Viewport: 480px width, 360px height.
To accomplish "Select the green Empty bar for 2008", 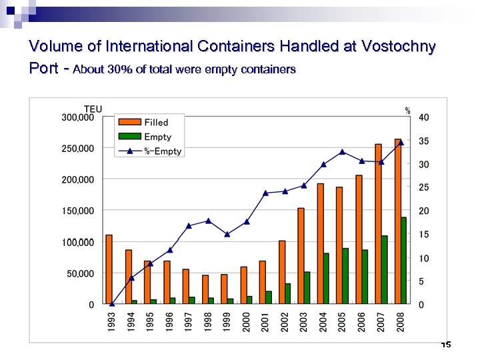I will [x=404, y=261].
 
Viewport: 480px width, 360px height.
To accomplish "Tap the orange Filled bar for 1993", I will [x=109, y=269].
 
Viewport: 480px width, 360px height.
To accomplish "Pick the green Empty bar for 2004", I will [x=326, y=279].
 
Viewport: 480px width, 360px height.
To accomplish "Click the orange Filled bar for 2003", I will [x=301, y=256].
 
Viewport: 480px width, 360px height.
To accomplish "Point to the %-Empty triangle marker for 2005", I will [x=342, y=152].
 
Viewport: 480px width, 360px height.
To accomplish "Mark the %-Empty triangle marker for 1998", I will [x=208, y=221].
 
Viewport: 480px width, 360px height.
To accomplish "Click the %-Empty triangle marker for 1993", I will [x=112, y=304].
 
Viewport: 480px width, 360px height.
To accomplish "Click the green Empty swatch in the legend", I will [x=129, y=137].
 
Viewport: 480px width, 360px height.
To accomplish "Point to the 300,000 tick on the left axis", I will [x=77, y=117].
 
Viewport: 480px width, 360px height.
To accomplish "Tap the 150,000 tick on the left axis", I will [x=77, y=211].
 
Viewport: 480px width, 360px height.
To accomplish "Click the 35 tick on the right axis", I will [x=424, y=141].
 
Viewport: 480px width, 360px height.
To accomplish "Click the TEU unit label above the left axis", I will [x=93, y=109].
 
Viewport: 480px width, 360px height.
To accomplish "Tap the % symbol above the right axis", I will [x=408, y=111].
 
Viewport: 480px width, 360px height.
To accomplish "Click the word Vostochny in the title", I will [x=398, y=47].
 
